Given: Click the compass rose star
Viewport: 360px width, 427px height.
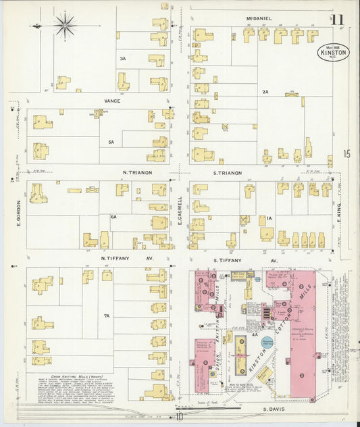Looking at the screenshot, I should tap(66, 26).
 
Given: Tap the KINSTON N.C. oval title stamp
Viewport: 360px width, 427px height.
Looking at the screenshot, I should tap(334, 53).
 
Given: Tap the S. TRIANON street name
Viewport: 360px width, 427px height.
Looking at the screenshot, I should tap(227, 173).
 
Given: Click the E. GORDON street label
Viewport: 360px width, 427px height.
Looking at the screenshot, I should tap(18, 214).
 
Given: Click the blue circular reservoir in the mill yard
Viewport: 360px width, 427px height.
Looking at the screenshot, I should tap(268, 343).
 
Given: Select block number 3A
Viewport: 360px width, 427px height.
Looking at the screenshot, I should tap(122, 59).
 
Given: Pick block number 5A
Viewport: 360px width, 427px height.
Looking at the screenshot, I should tap(111, 143).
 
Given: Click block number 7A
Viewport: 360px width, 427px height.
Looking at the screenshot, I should tap(107, 316).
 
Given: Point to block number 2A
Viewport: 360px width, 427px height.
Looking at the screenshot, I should tap(265, 91).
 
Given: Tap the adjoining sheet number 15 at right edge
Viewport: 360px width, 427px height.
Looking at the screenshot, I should tap(346, 154).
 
